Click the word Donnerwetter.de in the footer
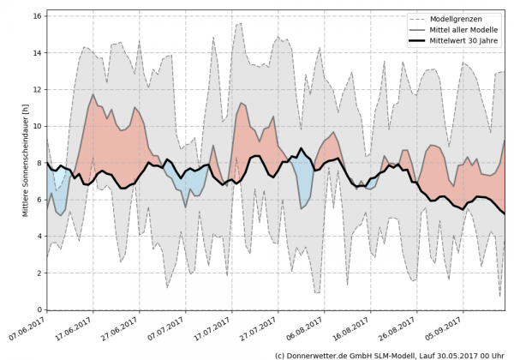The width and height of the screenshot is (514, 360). tap(321, 354)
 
